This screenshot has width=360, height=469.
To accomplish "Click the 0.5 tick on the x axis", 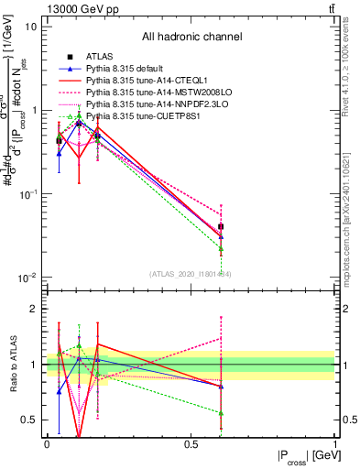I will (x=191, y=444).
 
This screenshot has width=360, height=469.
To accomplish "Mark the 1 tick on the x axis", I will (x=334, y=444).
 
